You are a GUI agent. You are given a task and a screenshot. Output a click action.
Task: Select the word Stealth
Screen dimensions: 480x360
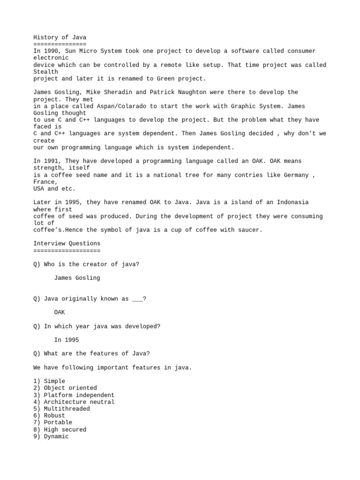(x=45, y=72)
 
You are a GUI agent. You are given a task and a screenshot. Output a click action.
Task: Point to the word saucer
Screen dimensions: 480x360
(x=249, y=230)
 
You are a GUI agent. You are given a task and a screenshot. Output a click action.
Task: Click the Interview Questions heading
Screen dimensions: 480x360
(x=67, y=244)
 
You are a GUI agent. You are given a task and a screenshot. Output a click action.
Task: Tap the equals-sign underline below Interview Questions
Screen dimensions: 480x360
(x=67, y=251)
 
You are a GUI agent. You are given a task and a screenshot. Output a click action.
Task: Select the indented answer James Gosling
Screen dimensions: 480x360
(x=77, y=278)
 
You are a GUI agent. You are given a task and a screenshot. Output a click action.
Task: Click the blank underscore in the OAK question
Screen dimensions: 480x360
(x=137, y=299)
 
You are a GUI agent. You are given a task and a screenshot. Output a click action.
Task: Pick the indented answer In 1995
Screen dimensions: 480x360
(x=67, y=340)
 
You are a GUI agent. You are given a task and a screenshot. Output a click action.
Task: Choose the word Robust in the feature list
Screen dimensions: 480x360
(x=54, y=416)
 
